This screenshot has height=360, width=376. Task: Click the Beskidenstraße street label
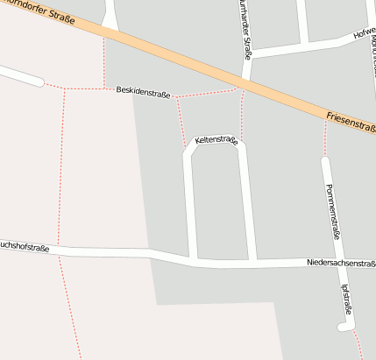(x=143, y=92)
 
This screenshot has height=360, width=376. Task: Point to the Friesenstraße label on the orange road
(x=350, y=123)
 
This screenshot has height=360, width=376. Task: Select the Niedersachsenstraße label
(x=341, y=263)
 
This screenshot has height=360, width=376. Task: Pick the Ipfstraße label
(x=346, y=299)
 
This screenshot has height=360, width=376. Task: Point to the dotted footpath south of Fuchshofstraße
(x=69, y=307)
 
